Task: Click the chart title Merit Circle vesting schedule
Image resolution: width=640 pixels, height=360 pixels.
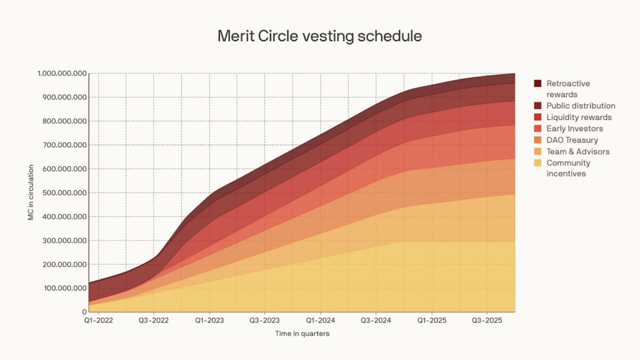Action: coord(319,36)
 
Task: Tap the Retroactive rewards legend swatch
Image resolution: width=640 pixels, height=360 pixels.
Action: coord(538,84)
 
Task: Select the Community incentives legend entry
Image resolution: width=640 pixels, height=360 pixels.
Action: coord(568,168)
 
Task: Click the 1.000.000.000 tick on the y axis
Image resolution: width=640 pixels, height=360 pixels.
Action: coord(62,74)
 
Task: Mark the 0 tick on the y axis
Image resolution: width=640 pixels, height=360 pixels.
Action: coord(84,312)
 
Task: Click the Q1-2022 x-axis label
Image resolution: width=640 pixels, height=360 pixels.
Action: coord(99,322)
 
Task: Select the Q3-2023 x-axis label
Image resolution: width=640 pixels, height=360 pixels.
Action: coord(265,322)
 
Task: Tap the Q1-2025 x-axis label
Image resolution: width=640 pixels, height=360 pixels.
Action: coord(431,322)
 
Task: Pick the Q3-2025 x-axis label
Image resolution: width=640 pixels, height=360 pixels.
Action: coord(487,322)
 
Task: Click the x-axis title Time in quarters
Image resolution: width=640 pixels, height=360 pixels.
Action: coord(302,334)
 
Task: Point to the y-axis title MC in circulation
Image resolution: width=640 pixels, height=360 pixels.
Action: coord(31,193)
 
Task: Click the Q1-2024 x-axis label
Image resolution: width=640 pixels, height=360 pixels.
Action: coord(321,322)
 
